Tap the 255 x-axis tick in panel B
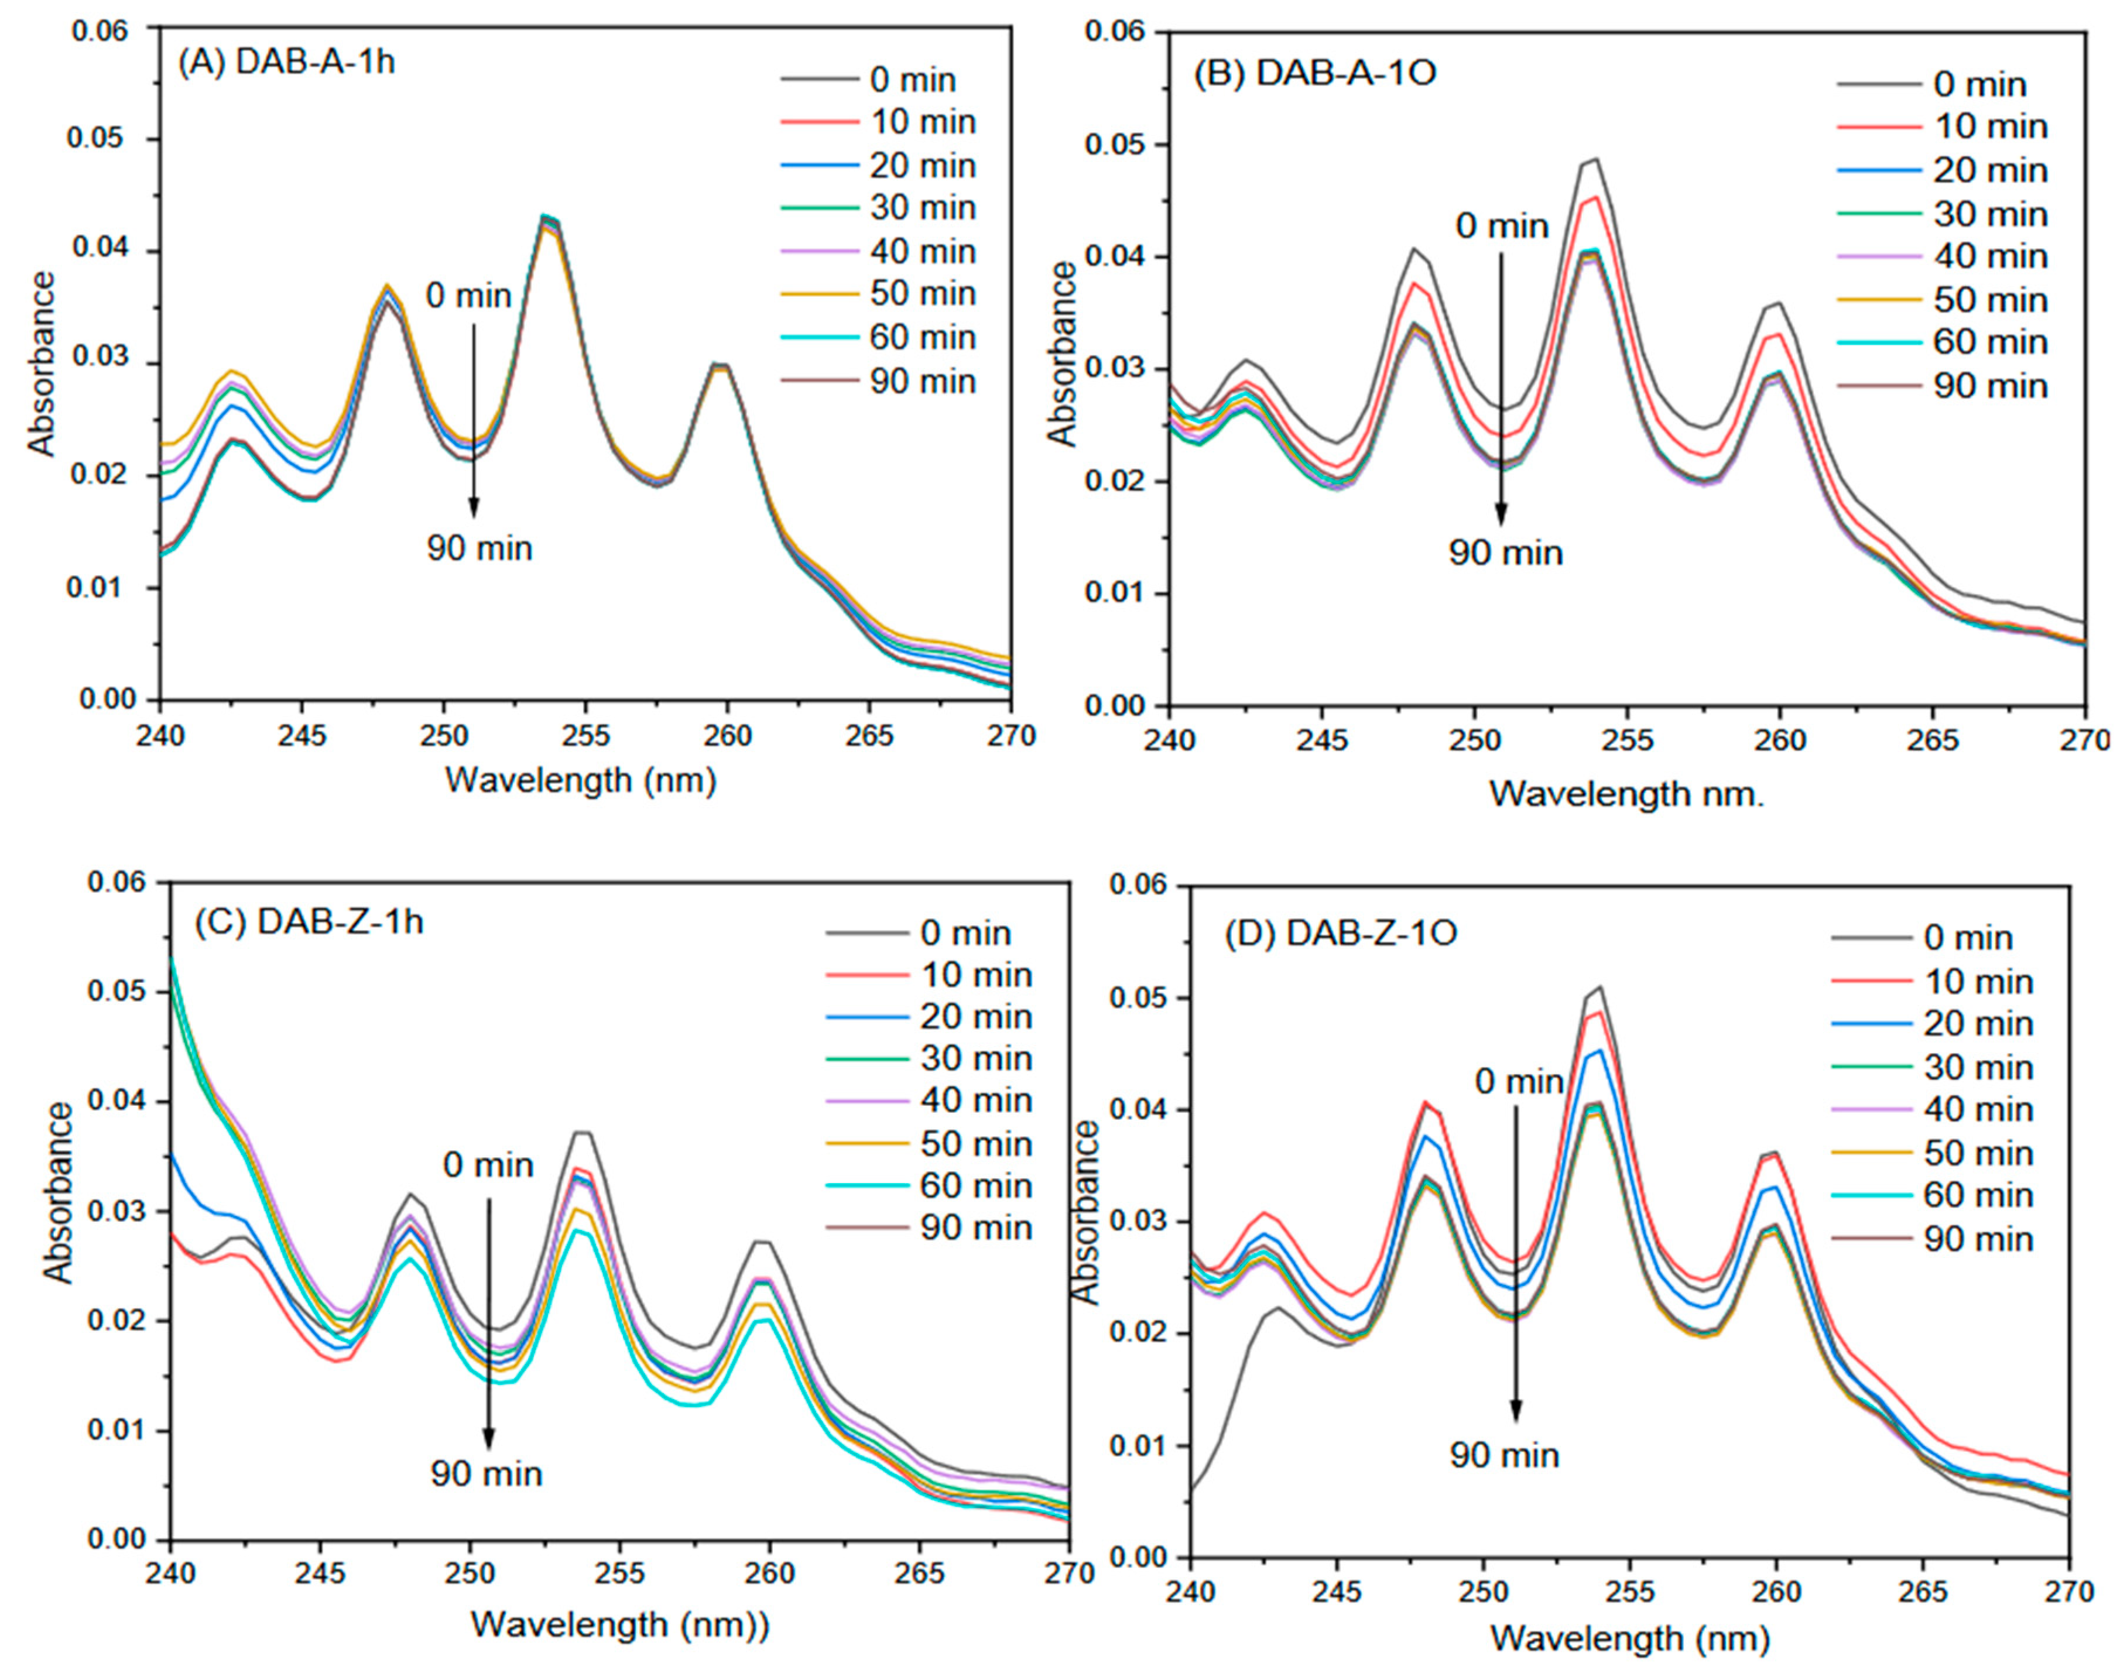point(1626,740)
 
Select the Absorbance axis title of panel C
point(59,1192)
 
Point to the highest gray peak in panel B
point(1595,159)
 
